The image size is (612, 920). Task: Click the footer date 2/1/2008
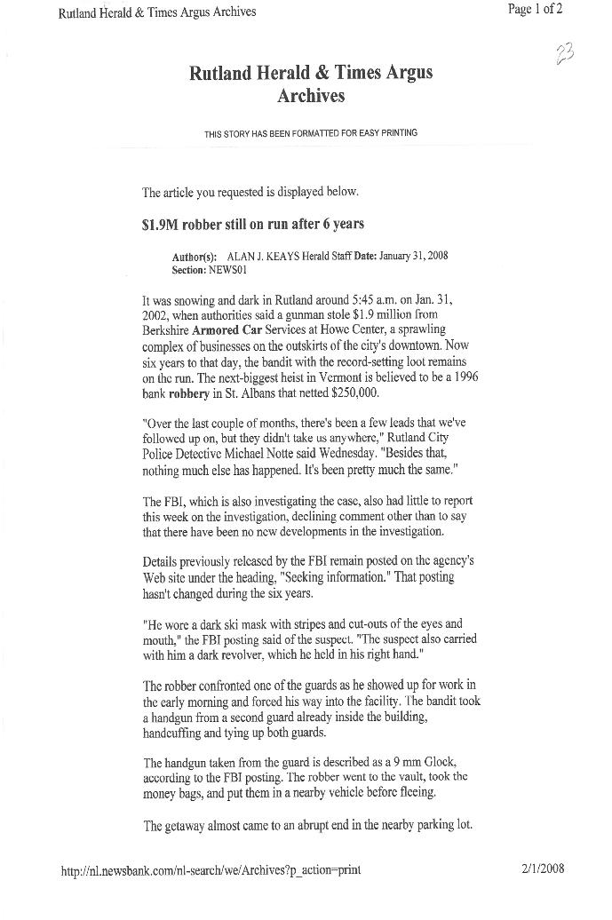[x=543, y=868]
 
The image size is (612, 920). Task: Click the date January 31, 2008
[x=413, y=256]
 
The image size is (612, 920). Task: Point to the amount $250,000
[x=354, y=392]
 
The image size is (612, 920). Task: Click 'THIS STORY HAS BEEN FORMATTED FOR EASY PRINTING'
[x=310, y=133]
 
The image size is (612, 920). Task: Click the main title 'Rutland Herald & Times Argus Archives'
[x=311, y=83]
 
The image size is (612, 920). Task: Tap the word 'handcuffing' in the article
[x=175, y=734]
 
